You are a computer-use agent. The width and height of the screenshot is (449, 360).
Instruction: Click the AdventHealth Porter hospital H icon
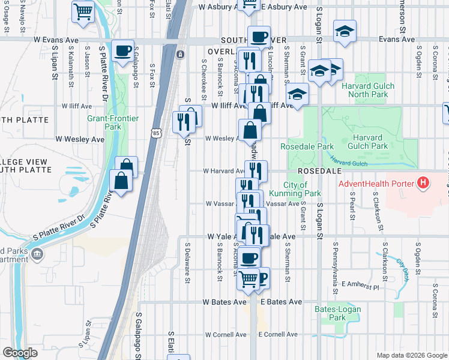pyautogui.click(x=423, y=182)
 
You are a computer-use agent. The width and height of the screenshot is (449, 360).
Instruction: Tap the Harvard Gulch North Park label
pyautogui.click(x=368, y=90)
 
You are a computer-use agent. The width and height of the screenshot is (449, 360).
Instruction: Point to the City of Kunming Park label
pyautogui.click(x=303, y=189)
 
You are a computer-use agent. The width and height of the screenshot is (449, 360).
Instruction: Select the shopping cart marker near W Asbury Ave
pyautogui.click(x=83, y=11)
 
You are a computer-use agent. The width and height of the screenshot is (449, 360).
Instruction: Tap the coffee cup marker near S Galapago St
pyautogui.click(x=123, y=52)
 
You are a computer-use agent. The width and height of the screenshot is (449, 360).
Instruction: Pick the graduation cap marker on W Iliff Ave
pyautogui.click(x=297, y=94)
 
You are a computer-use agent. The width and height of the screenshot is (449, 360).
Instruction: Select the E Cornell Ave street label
pyautogui.click(x=279, y=334)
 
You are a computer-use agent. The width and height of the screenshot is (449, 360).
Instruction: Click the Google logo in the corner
pyautogui.click(x=20, y=353)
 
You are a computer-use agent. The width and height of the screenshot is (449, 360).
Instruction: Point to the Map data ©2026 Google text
pyautogui.click(x=412, y=355)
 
